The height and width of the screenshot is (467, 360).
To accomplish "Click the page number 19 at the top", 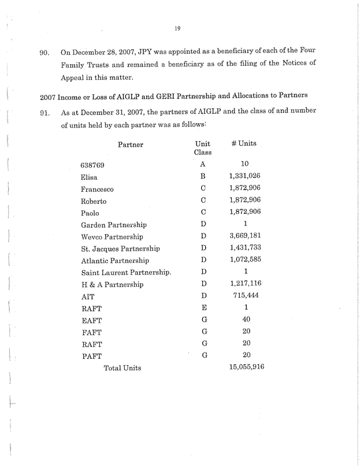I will coord(176,27).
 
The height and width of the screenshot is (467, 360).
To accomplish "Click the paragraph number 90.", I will coord(46,53).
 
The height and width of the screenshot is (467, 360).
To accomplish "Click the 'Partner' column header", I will coord(131,144).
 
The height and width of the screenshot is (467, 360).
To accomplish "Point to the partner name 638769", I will coord(92,165).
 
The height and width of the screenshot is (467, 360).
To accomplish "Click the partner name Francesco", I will coord(97,189).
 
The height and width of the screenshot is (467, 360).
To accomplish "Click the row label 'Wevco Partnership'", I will coord(112,237).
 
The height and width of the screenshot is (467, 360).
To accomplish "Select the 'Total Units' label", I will coord(122,368).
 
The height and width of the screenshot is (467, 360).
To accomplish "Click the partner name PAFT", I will coord(92,356).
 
